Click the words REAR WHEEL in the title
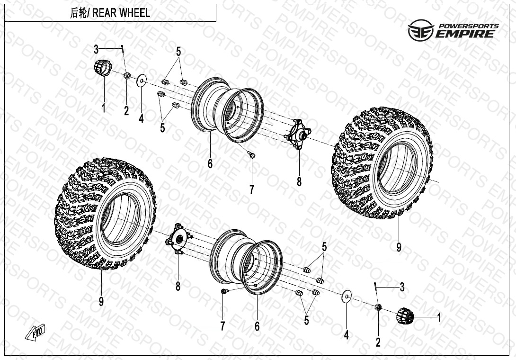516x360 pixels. coord(121,13)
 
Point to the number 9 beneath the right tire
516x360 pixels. coord(399,247)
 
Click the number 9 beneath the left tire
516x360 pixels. coord(101,301)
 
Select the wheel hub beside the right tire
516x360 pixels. coord(297,135)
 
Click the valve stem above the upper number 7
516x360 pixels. coord(252,154)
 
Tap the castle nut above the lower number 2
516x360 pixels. coord(378,308)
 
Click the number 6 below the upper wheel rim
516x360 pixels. coord(210,164)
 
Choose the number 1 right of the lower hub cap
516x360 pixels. coord(438,318)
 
